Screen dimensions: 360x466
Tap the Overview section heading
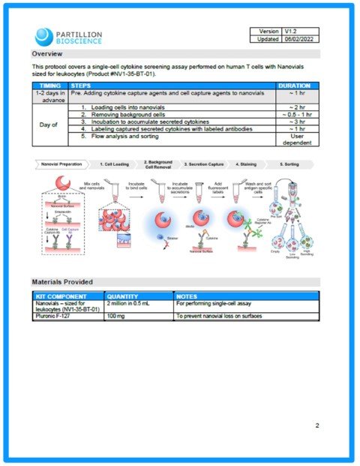coord(52,54)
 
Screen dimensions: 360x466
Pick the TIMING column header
coord(49,86)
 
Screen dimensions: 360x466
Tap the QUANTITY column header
coord(122,296)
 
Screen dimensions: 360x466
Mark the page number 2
coord(317,425)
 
